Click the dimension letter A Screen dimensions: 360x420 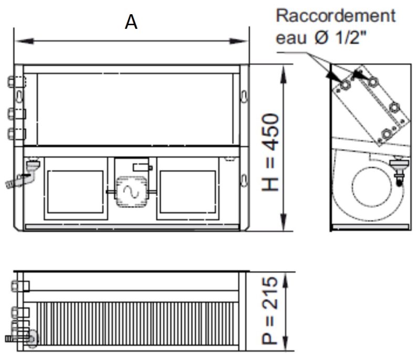[131, 22]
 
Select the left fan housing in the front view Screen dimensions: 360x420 [75, 192]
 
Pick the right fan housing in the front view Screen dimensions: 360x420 [187, 192]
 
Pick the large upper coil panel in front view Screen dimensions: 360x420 [135, 109]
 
